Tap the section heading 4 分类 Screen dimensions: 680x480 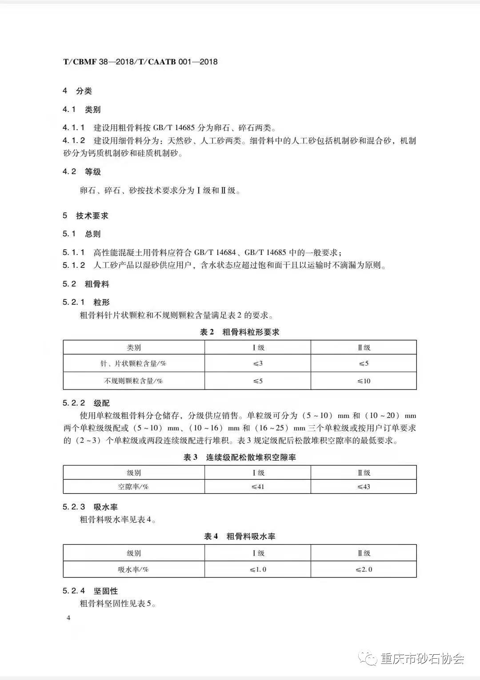coord(77,91)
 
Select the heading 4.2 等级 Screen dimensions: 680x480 coord(82,171)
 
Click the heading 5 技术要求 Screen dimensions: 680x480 coord(85,215)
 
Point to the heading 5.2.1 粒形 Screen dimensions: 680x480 coord(86,302)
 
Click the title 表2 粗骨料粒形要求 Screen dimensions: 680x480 coord(240,332)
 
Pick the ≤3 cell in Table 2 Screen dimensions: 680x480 coord(258,363)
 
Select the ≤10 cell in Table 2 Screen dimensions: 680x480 coord(364,381)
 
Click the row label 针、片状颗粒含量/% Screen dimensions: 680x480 coord(133,363)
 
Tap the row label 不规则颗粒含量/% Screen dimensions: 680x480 coord(133,381)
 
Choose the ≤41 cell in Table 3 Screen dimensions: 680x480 coord(258,486)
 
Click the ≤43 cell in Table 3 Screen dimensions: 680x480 coord(364,486)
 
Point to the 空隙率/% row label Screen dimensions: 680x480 coord(133,486)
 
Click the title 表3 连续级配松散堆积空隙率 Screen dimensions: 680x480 coord(240,457)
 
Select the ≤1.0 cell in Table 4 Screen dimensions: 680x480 coord(258,569)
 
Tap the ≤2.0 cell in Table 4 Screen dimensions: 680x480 coord(364,569)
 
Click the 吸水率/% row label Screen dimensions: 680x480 coord(133,569)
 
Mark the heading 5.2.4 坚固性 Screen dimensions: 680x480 coord(90,591)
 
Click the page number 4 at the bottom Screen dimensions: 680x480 coord(68,618)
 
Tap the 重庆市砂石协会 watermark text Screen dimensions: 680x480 coord(422,659)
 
